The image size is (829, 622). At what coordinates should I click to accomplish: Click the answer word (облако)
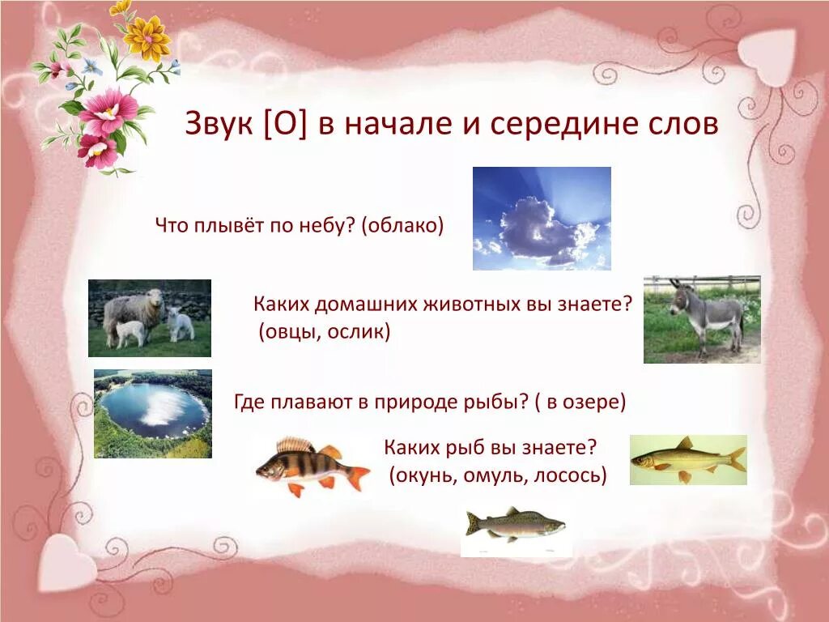404,224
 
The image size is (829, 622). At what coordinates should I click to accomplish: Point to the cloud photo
542,218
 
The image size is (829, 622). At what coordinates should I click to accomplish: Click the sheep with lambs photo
149,318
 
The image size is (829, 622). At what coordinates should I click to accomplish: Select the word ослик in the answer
359,332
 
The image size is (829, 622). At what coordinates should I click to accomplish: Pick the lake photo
153,414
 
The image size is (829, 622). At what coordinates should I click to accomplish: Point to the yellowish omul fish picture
687,460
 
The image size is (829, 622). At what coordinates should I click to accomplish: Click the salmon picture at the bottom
515,526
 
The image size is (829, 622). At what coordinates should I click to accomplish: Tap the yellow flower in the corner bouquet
147,37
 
